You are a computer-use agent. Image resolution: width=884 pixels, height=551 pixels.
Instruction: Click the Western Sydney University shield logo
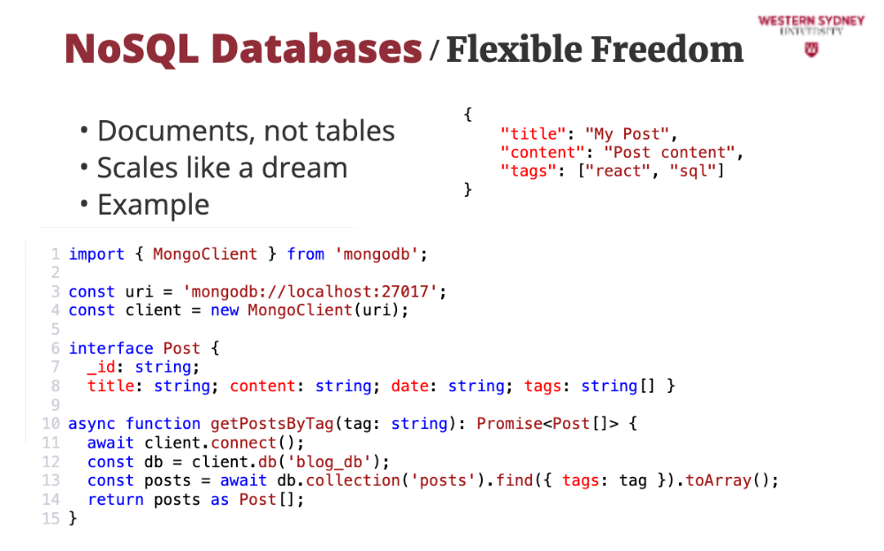point(811,49)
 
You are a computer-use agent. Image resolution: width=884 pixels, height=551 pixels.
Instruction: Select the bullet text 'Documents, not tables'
point(246,131)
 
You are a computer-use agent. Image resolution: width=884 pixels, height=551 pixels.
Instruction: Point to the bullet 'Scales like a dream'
point(222,168)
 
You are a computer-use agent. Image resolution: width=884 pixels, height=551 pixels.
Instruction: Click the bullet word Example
point(153,205)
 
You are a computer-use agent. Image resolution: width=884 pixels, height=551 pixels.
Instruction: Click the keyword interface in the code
point(111,348)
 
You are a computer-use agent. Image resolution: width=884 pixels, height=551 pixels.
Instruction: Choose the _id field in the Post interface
point(102,366)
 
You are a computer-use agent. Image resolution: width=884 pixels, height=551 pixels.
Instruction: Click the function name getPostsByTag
point(272,424)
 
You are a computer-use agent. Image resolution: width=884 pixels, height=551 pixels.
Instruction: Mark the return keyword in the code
point(116,500)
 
